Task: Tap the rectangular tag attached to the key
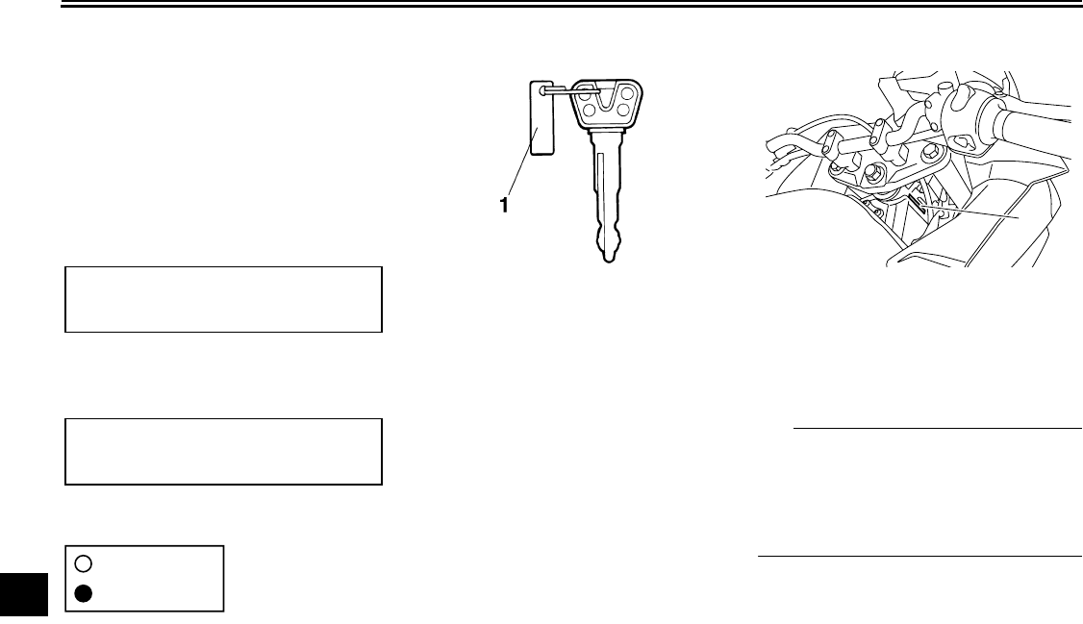[x=542, y=118]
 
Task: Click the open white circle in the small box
[x=83, y=563]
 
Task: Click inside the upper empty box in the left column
[x=223, y=299]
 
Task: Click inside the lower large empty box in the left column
[x=223, y=450]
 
